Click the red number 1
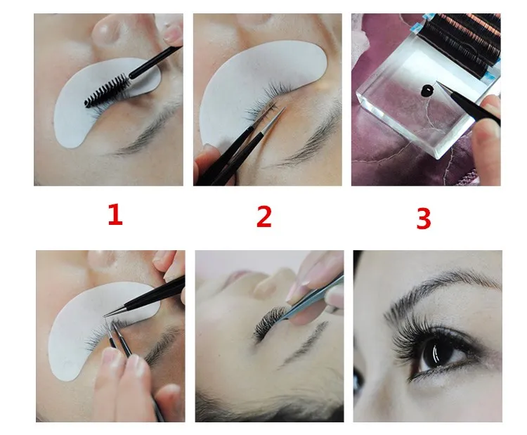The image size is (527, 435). pos(115,215)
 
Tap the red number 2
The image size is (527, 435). pos(263,216)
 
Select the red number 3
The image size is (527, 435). pos(424,219)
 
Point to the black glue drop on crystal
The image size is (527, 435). pos(427,90)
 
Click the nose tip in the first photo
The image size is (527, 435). pos(107,30)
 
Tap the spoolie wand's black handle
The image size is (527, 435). pos(155,62)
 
